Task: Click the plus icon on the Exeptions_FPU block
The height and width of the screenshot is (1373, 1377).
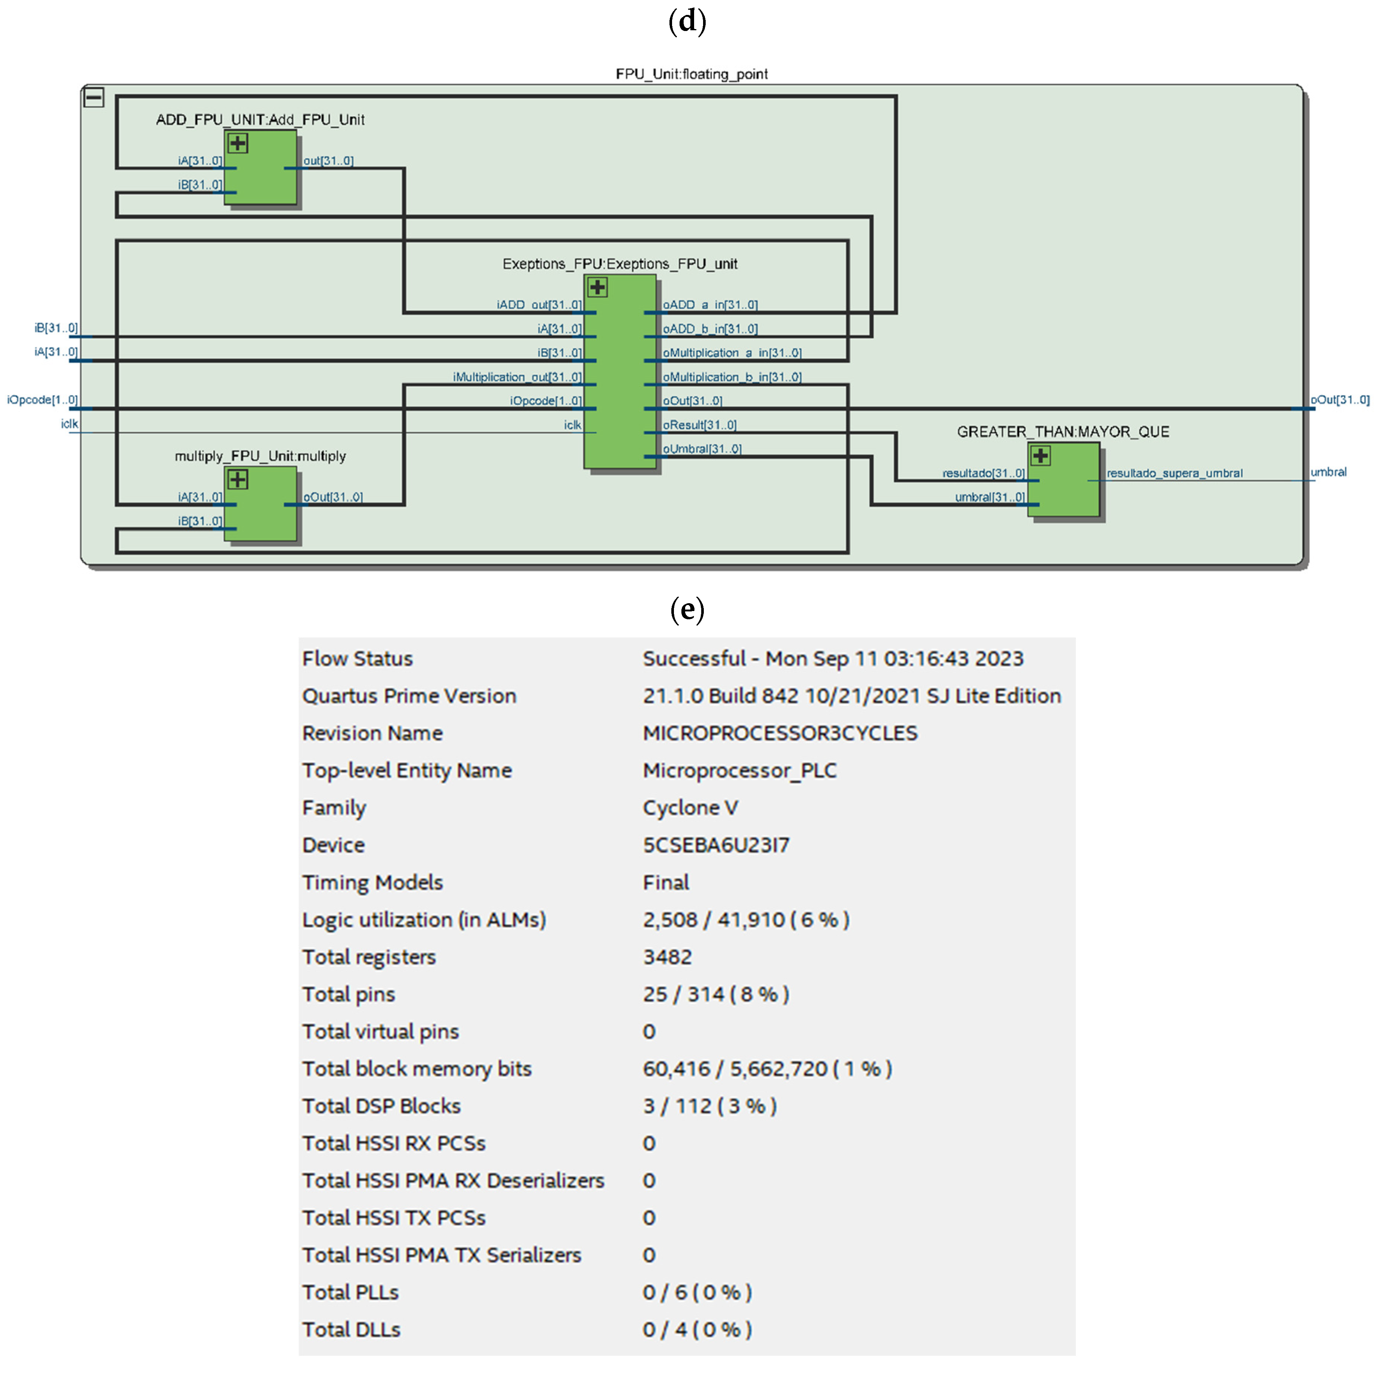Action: click(597, 287)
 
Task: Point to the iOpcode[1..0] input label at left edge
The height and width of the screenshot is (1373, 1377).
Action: click(42, 400)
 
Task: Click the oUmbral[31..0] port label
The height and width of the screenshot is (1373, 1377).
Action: click(702, 449)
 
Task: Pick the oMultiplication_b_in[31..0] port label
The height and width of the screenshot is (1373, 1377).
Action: click(732, 377)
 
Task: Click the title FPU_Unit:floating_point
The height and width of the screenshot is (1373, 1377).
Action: click(691, 74)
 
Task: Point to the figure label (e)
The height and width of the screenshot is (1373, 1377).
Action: click(687, 610)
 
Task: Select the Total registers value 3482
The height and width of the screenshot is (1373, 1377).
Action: click(667, 957)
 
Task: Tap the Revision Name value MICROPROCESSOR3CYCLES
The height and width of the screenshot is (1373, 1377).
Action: click(780, 733)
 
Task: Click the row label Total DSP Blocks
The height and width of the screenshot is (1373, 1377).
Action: click(381, 1106)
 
